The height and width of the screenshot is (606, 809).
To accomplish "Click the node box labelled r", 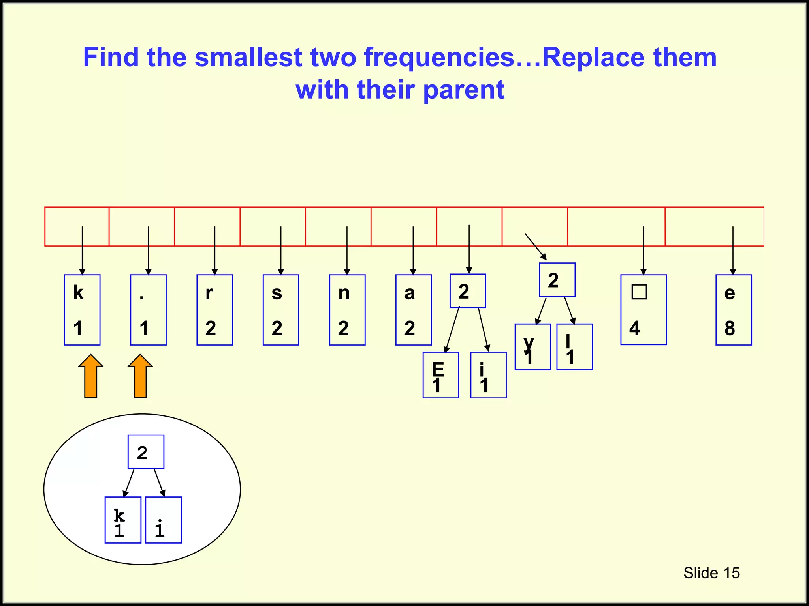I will click(x=214, y=310).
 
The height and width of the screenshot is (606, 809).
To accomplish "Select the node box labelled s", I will click(x=281, y=310).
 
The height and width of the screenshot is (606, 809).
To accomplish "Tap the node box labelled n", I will click(x=347, y=310).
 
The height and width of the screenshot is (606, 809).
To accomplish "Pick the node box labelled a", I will click(x=413, y=310).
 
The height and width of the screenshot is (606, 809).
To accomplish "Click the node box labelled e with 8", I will click(x=734, y=310).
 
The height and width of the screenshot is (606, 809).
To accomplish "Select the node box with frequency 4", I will click(x=643, y=310).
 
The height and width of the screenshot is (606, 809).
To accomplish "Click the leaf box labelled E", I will click(x=440, y=375).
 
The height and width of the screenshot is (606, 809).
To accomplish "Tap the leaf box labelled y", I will click(x=532, y=347).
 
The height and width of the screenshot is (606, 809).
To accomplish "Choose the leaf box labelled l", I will click(x=574, y=347).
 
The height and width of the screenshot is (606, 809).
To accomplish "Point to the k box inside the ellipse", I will click(x=123, y=520).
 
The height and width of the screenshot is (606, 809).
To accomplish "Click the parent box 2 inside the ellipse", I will click(x=146, y=452).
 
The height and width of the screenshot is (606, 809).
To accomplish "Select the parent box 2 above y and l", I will click(x=557, y=280).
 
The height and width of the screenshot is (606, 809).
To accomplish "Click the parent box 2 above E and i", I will click(x=468, y=291).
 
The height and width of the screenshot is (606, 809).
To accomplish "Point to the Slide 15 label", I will click(x=711, y=573).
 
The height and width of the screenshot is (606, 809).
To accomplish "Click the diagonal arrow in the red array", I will click(x=536, y=247).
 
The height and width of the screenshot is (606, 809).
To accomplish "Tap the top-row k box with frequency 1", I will click(x=82, y=310).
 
